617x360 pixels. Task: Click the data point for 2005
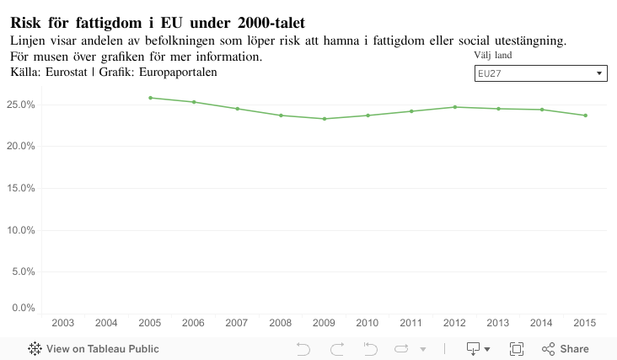pyautogui.click(x=150, y=98)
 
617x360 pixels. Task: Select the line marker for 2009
pyautogui.click(x=324, y=119)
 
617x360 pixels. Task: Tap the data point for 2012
pyautogui.click(x=455, y=107)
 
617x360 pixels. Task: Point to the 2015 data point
pyautogui.click(x=585, y=116)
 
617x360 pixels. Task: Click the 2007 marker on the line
pyautogui.click(x=237, y=109)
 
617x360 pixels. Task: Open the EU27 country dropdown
pyautogui.click(x=540, y=74)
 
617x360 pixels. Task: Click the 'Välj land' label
pyautogui.click(x=492, y=56)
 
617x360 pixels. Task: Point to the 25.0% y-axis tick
pyautogui.click(x=20, y=105)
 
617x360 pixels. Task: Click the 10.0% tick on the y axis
pyautogui.click(x=20, y=230)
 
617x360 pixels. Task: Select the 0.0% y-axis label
pyautogui.click(x=23, y=308)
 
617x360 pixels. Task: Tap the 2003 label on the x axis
pyautogui.click(x=62, y=323)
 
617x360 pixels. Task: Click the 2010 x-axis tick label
pyautogui.click(x=368, y=323)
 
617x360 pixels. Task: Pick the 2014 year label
pyautogui.click(x=541, y=323)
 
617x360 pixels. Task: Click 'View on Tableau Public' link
pyautogui.click(x=94, y=349)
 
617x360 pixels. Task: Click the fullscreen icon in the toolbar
pyautogui.click(x=517, y=349)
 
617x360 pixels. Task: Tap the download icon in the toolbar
pyautogui.click(x=474, y=349)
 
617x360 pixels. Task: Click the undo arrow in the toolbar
pyautogui.click(x=303, y=349)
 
